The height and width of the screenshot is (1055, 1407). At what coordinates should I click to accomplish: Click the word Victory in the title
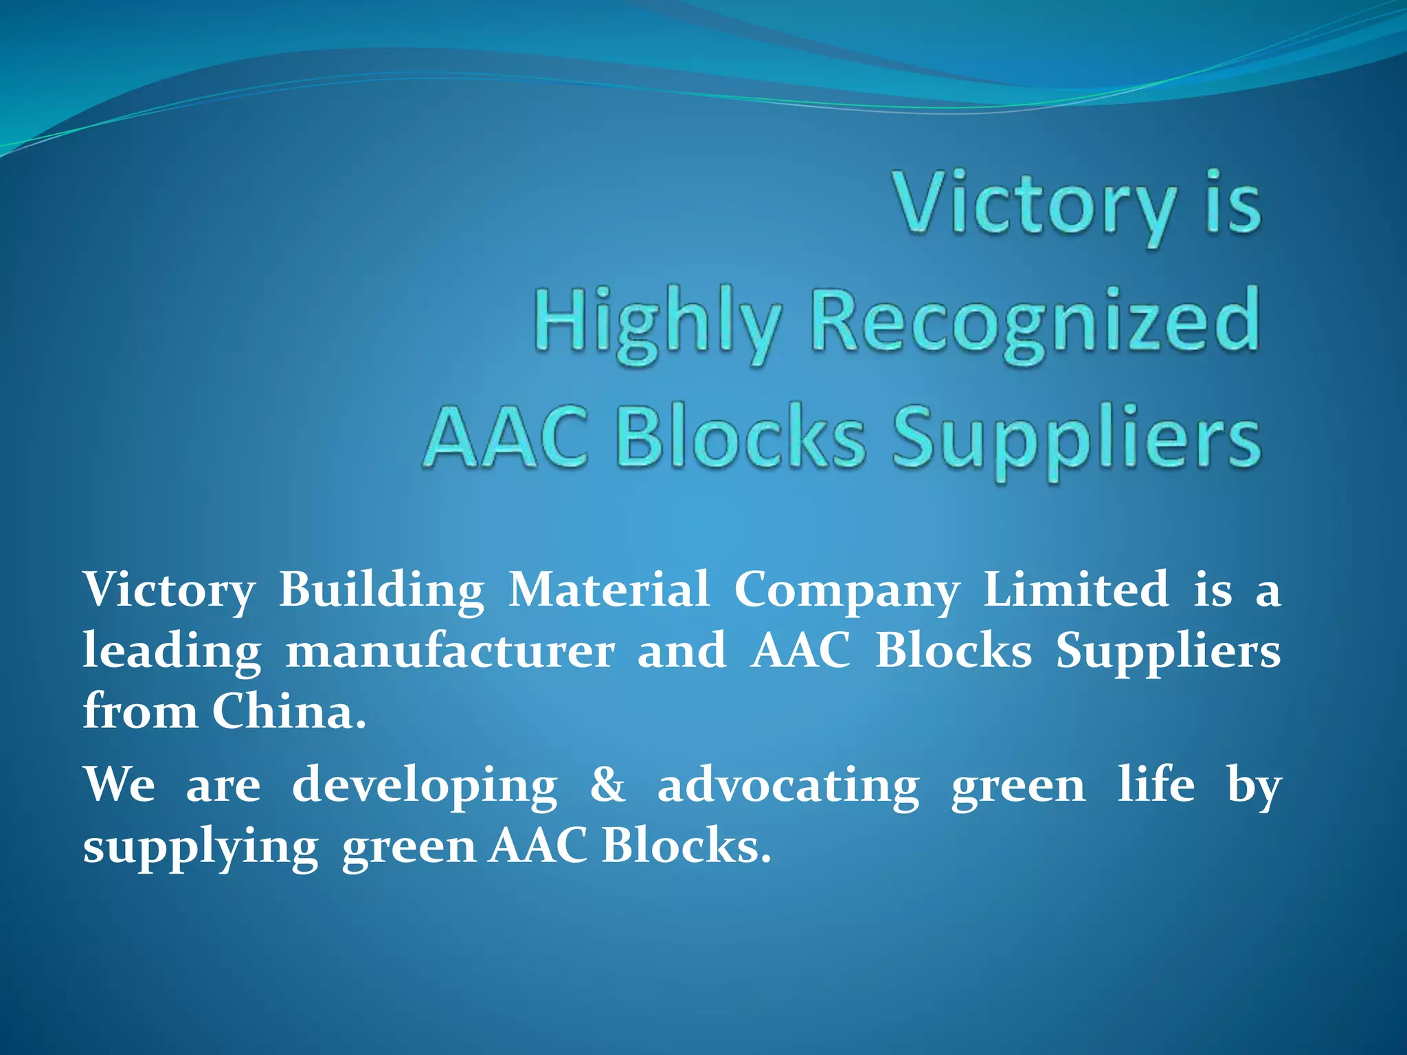(1035, 204)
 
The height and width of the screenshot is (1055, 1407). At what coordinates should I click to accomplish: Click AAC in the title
(506, 438)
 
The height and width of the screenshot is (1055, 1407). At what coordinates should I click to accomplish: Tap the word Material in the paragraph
(609, 589)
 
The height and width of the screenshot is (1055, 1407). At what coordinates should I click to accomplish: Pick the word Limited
(1076, 589)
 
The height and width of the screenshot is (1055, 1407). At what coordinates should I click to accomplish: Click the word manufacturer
(450, 650)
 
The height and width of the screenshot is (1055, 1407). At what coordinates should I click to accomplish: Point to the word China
(289, 711)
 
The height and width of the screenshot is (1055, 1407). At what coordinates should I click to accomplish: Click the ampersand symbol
(607, 784)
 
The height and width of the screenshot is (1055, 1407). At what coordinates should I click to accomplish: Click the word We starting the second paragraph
(119, 784)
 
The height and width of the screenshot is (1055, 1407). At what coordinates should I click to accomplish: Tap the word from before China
(140, 711)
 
